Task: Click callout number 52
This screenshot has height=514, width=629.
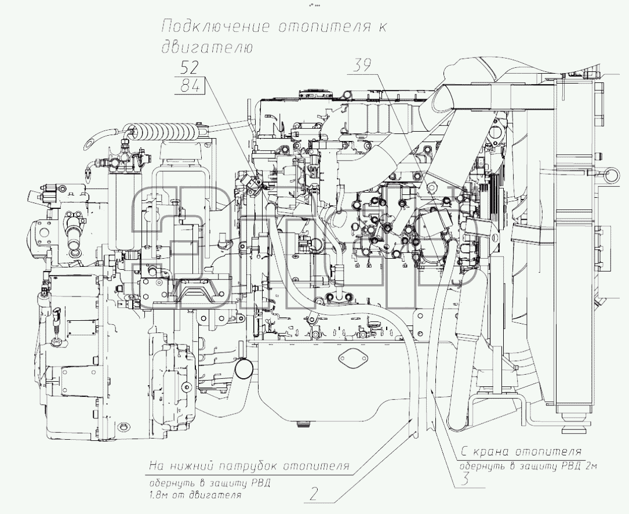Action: pyautogui.click(x=190, y=67)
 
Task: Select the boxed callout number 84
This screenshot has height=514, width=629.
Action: pyautogui.click(x=190, y=85)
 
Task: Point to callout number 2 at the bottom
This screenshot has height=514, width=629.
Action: pyautogui.click(x=313, y=494)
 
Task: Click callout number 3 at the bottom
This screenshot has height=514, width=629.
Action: pyautogui.click(x=466, y=479)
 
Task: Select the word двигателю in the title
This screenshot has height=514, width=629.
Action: pyautogui.click(x=206, y=48)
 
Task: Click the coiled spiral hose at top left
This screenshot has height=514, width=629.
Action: pyautogui.click(x=165, y=131)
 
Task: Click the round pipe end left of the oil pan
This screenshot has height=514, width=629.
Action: pyautogui.click(x=243, y=368)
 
